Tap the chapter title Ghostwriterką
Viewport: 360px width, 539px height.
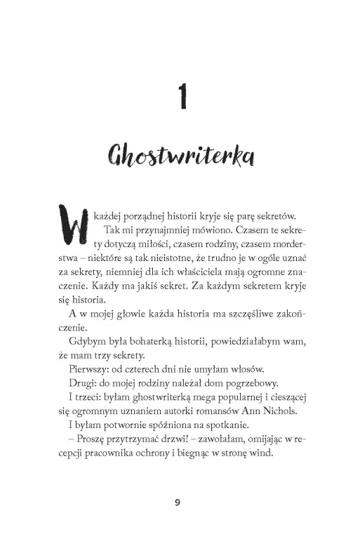(x=180, y=154)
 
